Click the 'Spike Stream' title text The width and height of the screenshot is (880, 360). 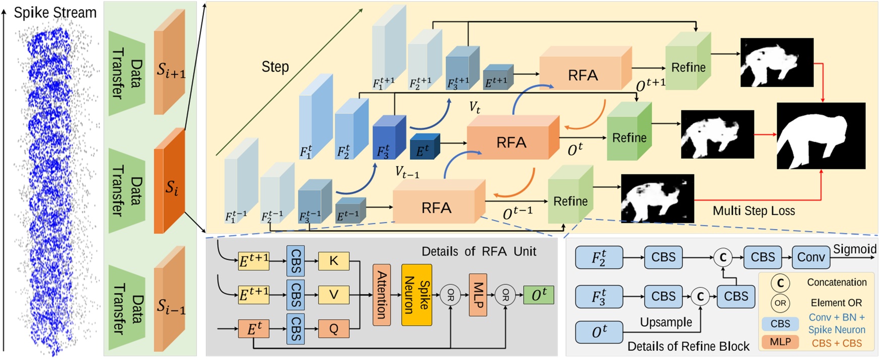coord(55,13)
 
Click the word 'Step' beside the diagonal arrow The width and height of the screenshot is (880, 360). coord(275,67)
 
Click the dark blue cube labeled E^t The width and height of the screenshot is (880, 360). coord(424,147)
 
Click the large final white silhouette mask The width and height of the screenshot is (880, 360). coord(821,136)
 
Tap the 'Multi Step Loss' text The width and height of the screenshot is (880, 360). coord(753,211)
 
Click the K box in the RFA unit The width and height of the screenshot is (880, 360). coord(334,261)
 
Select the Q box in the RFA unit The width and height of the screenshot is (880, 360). coord(334,329)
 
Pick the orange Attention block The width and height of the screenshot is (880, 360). coord(382,294)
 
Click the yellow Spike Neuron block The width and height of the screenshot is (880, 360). coord(417,294)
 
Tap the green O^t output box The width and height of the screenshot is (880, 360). coord(539,295)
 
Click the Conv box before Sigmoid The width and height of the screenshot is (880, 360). coord(810,257)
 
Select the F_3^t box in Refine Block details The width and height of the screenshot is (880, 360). coord(599,296)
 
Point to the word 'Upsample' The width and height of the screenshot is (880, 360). coord(666,322)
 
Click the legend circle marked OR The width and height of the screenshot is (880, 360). coord(780,303)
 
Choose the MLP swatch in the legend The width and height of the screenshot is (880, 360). coord(780,342)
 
